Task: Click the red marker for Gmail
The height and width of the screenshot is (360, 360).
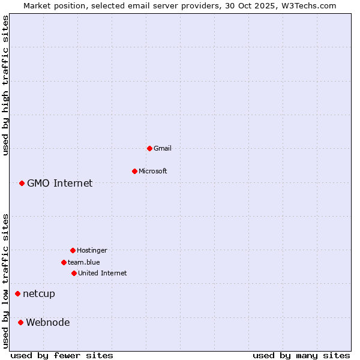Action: coord(149,148)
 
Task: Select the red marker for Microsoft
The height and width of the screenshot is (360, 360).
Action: coord(134,171)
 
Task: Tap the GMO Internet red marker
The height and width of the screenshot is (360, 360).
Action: coord(22,183)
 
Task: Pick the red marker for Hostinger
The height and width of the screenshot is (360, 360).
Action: coord(73,250)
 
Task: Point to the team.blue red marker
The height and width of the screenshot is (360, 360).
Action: coord(64,262)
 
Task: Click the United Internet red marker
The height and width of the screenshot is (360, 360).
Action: coord(74,273)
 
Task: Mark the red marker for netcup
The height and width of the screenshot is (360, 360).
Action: coord(17,293)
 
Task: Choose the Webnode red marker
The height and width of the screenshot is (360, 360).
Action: coord(20,322)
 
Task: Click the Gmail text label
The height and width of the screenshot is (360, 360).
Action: coord(163,148)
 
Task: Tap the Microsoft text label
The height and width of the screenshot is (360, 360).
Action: coord(153,171)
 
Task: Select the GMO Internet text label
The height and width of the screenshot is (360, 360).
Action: coord(60,183)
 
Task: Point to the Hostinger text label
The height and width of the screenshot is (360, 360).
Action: coord(92,250)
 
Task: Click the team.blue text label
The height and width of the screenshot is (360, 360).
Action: coord(84,262)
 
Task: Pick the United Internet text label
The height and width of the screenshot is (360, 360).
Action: coord(103,273)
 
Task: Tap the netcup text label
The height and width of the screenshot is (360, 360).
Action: coord(39,293)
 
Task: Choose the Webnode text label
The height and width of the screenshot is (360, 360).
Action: coord(48,322)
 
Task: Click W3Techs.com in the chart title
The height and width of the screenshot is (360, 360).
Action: coord(310,5)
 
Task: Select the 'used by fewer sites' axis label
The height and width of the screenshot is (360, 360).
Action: coord(62,355)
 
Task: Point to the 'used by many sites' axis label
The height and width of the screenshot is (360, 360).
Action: coord(301,355)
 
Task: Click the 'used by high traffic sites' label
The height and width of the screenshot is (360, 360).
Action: coord(5,85)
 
